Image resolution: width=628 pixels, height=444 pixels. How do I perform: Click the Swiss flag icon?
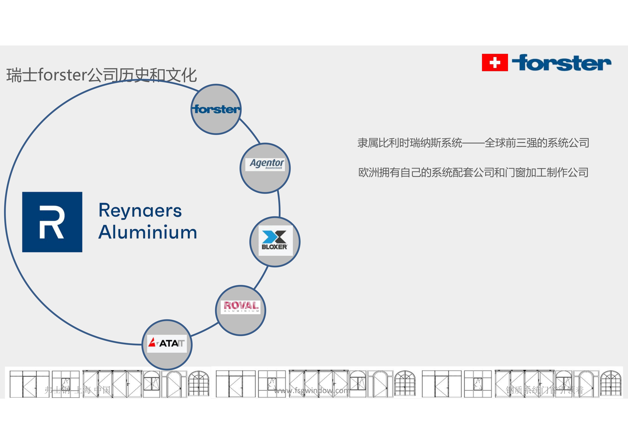tap(495, 63)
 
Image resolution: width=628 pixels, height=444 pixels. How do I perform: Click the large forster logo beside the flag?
tap(561, 63)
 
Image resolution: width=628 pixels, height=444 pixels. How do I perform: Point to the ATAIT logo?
tap(167, 343)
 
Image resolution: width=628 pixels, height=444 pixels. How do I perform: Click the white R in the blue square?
tap(52, 222)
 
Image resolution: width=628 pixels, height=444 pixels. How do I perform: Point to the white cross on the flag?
tap(495, 63)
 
